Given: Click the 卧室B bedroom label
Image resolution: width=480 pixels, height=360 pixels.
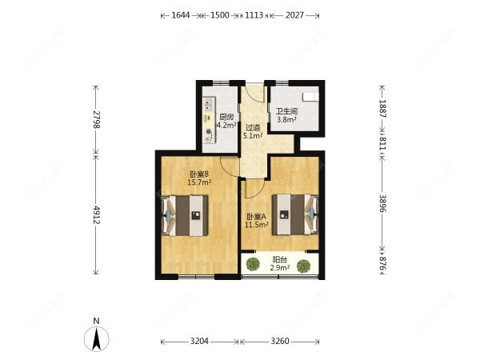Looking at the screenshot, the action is coord(199,174).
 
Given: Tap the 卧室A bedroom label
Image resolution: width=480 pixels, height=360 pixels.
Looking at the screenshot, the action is coord(257,217).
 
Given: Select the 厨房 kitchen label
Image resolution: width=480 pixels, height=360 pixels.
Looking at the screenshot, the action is coord(226,117).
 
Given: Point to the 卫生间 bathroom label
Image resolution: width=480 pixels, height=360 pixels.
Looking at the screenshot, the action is coord(287,111).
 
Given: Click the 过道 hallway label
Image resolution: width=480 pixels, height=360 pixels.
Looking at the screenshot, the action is coord(253,127).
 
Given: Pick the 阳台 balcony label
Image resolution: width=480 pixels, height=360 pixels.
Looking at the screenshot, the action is coord(279,260).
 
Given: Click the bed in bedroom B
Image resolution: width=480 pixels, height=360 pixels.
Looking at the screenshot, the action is coord(185,216).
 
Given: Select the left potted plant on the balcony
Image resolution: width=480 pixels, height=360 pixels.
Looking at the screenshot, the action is coord(253,265).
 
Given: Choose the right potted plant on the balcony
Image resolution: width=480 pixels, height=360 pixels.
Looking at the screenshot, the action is coord(304,266).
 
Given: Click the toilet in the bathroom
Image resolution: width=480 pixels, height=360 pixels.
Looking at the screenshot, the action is coord(310,97).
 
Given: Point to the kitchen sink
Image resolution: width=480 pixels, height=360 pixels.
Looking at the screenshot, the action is coord(209,105).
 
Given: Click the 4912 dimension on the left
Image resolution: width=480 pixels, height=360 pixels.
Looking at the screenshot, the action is coord(97,214).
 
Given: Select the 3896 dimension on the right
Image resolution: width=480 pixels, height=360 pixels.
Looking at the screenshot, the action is coord(383,203).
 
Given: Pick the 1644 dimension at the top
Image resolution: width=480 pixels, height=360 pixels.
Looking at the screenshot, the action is coord(181,15).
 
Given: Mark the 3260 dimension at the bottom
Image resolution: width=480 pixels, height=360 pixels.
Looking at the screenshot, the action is coord(280,341).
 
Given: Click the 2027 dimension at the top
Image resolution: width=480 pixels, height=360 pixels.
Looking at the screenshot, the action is coord(294,15).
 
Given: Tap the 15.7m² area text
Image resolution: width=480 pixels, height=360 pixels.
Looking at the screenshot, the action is coord(199,182).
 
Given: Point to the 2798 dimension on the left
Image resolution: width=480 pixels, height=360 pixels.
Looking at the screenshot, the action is coord(97,119).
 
